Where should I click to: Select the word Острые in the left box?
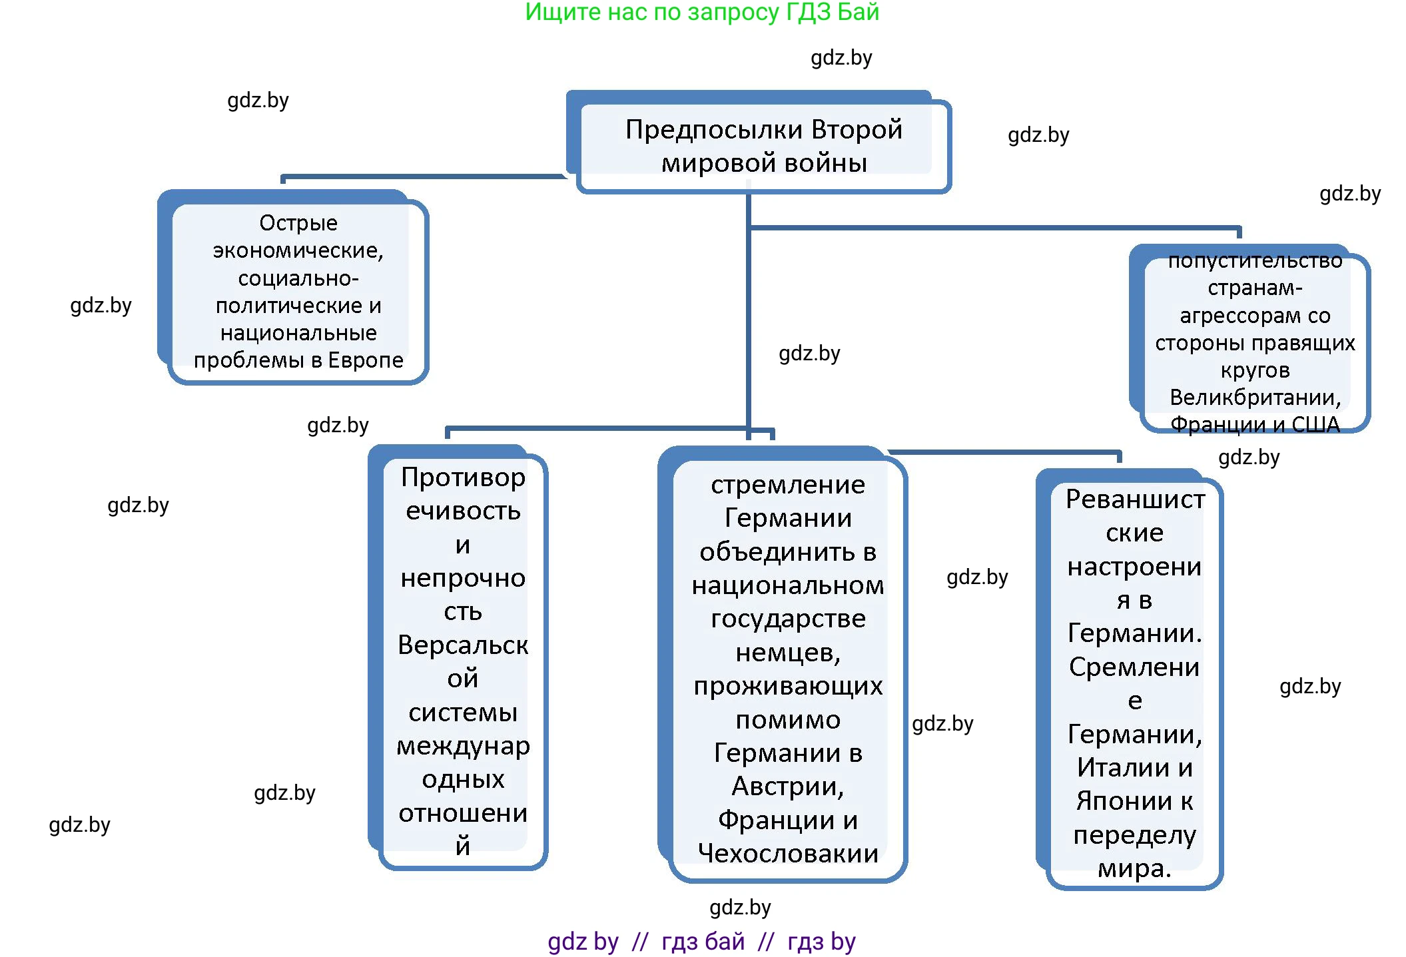point(298,222)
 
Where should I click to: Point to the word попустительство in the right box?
point(1255,260)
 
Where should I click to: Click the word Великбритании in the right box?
point(1255,398)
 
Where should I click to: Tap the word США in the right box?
point(1315,425)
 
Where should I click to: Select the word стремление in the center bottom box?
point(788,485)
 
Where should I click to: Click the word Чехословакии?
point(788,854)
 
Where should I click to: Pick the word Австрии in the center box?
point(787,787)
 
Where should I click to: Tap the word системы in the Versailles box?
point(463,713)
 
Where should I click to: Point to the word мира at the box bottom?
point(1133,868)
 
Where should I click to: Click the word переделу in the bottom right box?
point(1134,835)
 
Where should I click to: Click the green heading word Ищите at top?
point(561,12)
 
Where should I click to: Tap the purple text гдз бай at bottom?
point(703,942)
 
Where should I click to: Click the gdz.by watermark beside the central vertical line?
point(809,354)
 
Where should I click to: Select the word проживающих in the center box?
point(788,686)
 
